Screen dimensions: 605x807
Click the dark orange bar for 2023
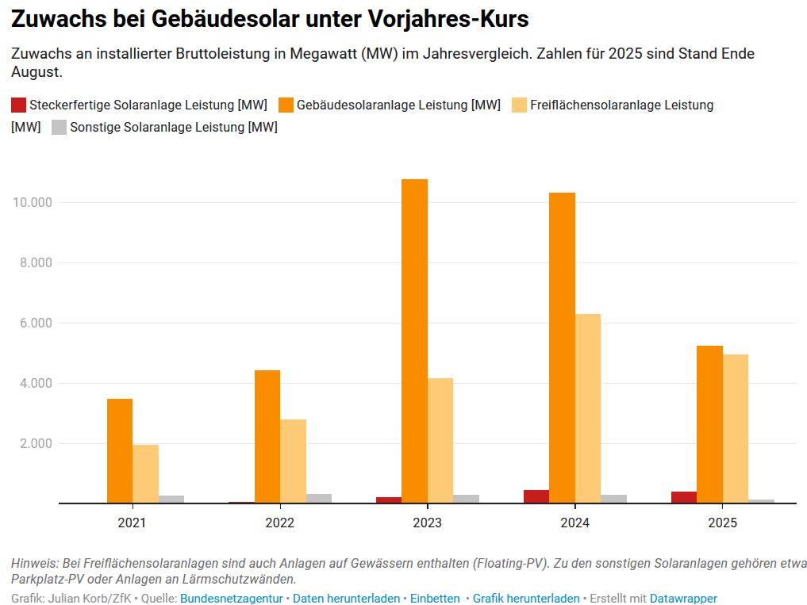point(414,341)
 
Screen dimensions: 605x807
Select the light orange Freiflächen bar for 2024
point(587,408)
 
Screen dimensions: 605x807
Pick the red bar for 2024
point(536,496)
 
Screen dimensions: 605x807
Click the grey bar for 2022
point(319,499)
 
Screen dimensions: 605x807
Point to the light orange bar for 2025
point(736,428)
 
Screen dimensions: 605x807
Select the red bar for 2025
point(684,497)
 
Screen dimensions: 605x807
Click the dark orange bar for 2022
point(267,436)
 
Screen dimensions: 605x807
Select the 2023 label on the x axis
point(427,523)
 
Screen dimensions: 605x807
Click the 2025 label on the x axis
point(722,523)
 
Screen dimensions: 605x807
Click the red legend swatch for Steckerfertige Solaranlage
point(18,105)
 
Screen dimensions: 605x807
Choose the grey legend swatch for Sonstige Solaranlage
point(59,127)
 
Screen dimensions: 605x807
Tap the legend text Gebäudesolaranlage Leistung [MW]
point(398,105)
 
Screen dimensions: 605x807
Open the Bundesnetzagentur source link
point(231,599)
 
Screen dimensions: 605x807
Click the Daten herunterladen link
point(346,599)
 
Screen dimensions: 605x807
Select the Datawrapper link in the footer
point(683,599)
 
